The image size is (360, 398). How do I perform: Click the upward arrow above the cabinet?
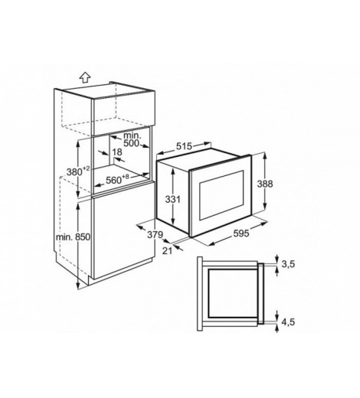[x=85, y=77]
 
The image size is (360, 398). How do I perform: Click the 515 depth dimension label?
[x=184, y=146]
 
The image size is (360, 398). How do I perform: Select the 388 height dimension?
[x=265, y=184]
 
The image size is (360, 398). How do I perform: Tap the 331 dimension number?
[x=172, y=199]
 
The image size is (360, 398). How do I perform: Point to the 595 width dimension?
[x=241, y=233]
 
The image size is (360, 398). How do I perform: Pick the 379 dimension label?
[x=155, y=234]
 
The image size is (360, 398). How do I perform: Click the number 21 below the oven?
[x=167, y=251]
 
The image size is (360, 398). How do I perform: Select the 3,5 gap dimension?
[x=288, y=264]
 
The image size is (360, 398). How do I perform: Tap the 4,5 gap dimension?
[x=288, y=322]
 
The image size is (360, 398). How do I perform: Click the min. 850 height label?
[x=73, y=237]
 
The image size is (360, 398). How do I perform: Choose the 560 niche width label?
[x=117, y=180]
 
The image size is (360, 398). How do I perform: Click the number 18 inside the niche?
[x=117, y=152]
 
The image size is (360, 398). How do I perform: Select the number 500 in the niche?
[x=132, y=143]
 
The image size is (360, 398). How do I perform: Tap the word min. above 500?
[x=133, y=135]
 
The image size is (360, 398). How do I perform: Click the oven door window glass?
[x=221, y=195]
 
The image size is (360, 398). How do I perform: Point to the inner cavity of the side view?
[x=233, y=293]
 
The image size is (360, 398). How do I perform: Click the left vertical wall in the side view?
[x=200, y=294]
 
